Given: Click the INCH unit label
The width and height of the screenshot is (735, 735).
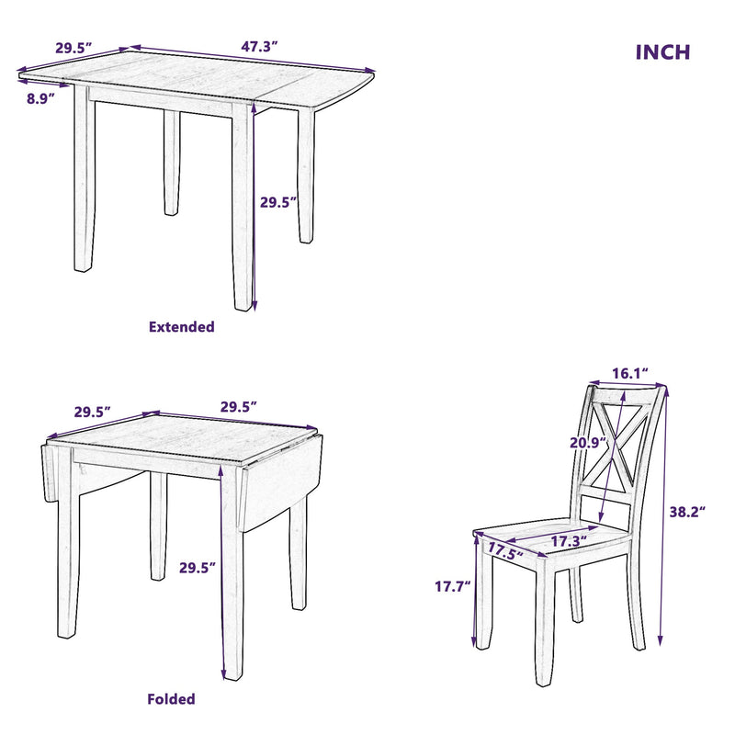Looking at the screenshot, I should point(662,52).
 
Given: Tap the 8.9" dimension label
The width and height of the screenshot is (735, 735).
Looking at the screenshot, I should point(42,97).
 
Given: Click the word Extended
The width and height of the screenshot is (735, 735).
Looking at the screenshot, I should point(181,326).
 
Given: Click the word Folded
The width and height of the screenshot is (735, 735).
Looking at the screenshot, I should point(172,699).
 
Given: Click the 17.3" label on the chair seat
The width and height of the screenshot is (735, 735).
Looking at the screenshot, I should point(569,542).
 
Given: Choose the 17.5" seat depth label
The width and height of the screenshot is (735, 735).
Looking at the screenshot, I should point(504,551).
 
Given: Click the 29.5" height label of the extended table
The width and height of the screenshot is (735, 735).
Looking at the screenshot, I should point(278,202).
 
